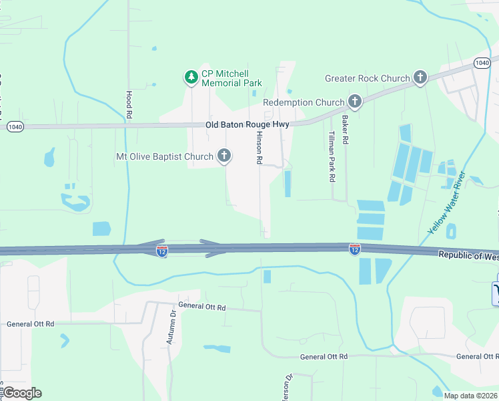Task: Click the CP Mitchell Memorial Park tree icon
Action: point(191,78)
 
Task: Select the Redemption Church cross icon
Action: point(355,102)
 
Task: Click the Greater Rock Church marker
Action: point(420,78)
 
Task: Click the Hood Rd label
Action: point(129,104)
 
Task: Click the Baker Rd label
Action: point(346,130)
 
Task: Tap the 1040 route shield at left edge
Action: point(15,126)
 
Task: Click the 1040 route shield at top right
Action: point(483,62)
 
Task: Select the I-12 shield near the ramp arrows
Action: point(162,251)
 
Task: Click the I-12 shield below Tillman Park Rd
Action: point(355,249)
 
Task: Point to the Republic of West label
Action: point(468,255)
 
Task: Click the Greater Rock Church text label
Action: point(367,78)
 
